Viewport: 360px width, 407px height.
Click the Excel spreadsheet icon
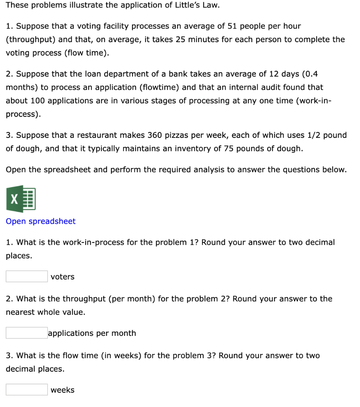pyautogui.click(x=21, y=199)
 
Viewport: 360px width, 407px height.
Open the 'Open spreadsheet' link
pyautogui.click(x=41, y=221)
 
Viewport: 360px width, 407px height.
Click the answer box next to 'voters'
pyautogui.click(x=27, y=276)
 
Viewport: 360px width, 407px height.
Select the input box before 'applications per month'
pyautogui.click(x=27, y=333)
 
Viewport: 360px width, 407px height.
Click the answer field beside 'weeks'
pyautogui.click(x=27, y=390)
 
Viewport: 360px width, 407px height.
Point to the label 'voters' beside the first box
pyautogui.click(x=62, y=277)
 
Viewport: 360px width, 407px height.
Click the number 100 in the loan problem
pyautogui.click(x=37, y=101)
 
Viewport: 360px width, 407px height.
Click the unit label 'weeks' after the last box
pyautogui.click(x=62, y=390)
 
